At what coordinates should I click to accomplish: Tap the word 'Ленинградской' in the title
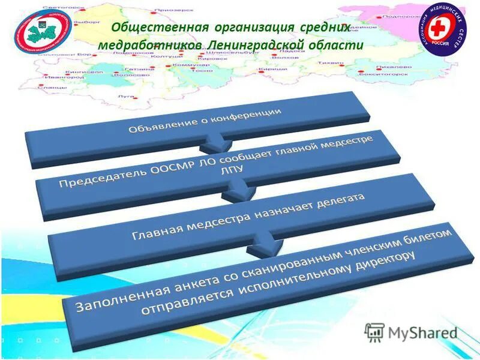pyautogui.click(x=260, y=46)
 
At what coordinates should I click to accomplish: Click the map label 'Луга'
pyautogui.click(x=126, y=96)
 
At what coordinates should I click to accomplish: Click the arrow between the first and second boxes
pyautogui.click(x=214, y=144)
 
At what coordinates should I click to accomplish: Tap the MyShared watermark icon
pyautogui.click(x=374, y=331)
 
